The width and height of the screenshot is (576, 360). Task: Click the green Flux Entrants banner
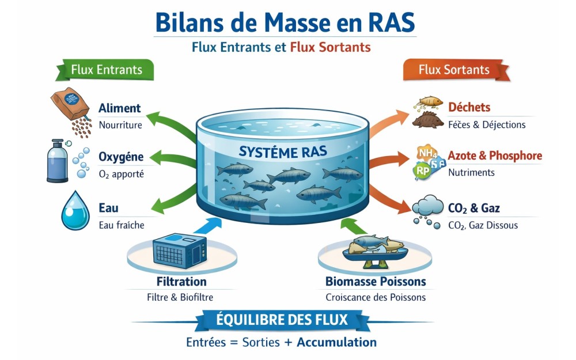pyautogui.click(x=106, y=70)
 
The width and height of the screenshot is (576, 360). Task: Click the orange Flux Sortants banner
pyautogui.click(x=454, y=70)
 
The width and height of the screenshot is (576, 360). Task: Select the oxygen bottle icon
pyautogui.click(x=58, y=161)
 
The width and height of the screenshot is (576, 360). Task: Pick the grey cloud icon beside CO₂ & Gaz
pyautogui.click(x=428, y=206)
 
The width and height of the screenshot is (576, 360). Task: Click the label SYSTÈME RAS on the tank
pyautogui.click(x=283, y=152)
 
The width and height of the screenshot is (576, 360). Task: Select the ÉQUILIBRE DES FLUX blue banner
pyautogui.click(x=282, y=320)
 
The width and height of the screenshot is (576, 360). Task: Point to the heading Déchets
pyautogui.click(x=469, y=107)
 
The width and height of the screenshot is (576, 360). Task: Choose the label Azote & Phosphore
pyautogui.click(x=495, y=156)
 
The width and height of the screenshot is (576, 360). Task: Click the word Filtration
pyautogui.click(x=181, y=282)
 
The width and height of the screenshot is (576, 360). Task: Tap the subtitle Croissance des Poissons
pyautogui.click(x=376, y=297)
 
